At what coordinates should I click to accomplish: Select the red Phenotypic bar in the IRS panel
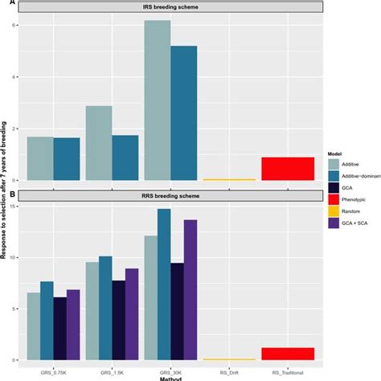(287, 169)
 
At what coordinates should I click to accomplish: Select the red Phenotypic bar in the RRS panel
(287, 354)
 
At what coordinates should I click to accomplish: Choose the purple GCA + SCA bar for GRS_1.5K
(132, 313)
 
